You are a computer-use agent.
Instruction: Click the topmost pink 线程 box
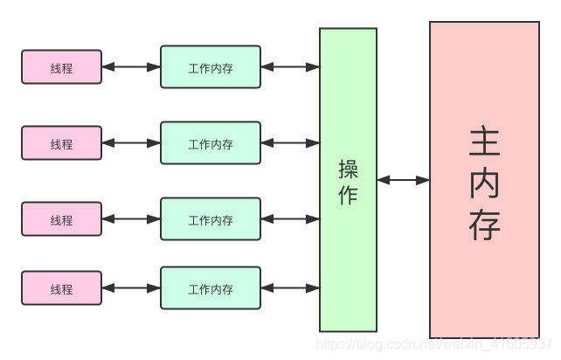click(61, 67)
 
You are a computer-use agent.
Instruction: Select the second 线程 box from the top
click(61, 142)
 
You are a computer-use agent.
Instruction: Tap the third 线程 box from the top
click(61, 218)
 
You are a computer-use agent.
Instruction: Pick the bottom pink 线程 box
click(61, 287)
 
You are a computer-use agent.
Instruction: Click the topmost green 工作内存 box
click(211, 67)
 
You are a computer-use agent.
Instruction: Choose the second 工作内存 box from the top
click(211, 142)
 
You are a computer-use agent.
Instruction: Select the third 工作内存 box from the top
click(211, 218)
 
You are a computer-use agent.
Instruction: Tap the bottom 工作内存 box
click(211, 287)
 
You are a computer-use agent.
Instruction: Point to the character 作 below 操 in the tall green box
click(348, 195)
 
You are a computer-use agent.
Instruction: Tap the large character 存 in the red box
click(484, 225)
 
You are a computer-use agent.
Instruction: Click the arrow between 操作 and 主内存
click(403, 180)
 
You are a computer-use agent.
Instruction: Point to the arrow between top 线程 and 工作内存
click(131, 67)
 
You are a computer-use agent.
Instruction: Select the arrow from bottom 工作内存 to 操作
click(290, 287)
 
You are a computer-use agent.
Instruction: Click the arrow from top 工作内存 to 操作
click(290, 67)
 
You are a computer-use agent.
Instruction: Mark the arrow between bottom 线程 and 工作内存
click(131, 287)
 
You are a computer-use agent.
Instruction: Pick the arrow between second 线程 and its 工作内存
click(131, 142)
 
